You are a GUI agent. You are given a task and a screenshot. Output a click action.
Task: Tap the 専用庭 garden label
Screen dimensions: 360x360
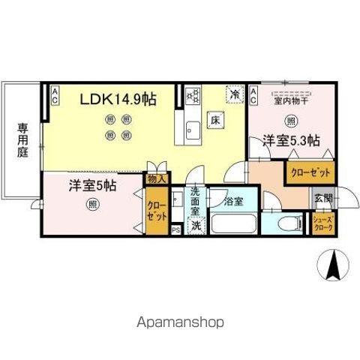coord(22,143)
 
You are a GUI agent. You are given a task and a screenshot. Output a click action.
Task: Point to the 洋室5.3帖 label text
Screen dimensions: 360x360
coord(291,139)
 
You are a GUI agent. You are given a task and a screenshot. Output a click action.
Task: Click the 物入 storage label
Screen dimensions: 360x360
coord(156,180)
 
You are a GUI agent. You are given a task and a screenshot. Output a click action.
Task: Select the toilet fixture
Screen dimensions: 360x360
coord(289,223)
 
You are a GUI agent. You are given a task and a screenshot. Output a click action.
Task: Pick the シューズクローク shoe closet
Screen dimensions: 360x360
coord(323,223)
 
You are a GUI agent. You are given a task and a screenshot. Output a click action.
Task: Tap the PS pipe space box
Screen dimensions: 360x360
coord(175,230)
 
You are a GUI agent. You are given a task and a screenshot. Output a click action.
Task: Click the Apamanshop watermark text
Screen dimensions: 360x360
coord(179,322)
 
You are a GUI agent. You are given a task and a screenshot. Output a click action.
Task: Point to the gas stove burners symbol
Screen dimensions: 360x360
coord(193,94)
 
